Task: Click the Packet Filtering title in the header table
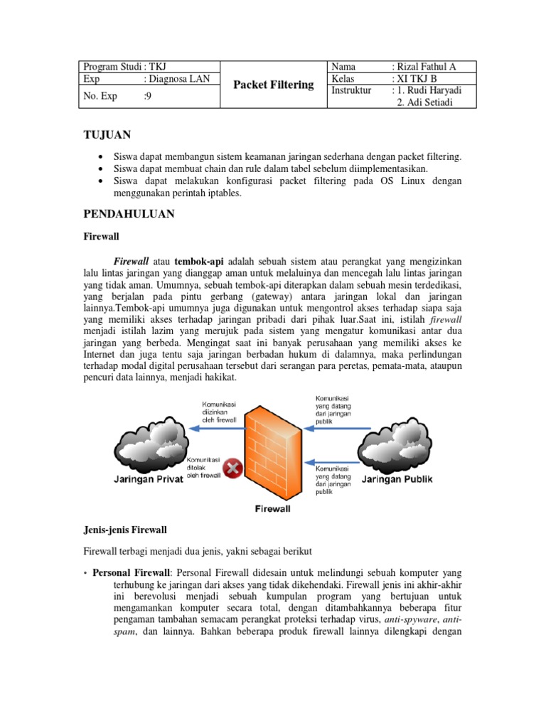274,85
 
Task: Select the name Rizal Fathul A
427,67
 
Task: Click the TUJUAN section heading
107,134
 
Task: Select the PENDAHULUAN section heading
129,213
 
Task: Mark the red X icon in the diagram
232,468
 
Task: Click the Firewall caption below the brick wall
273,508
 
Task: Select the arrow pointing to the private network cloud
213,428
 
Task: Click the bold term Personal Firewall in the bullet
131,572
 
